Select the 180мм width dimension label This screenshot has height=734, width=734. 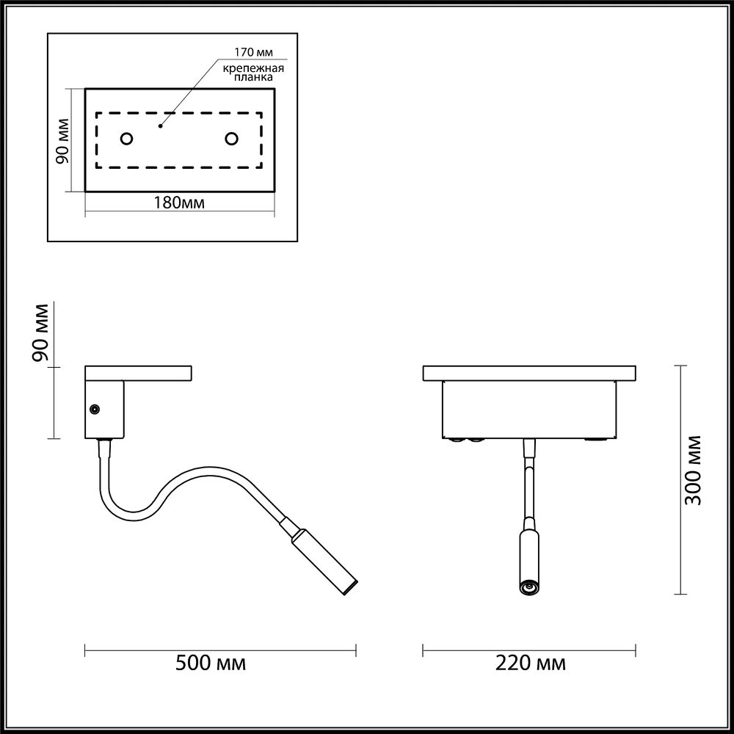pyautogui.click(x=179, y=203)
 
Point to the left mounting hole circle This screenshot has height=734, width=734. pyautogui.click(x=126, y=139)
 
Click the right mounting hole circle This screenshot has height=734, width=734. pyautogui.click(x=232, y=139)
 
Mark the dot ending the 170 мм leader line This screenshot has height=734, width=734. pyautogui.click(x=161, y=126)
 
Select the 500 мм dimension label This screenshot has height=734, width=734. pyautogui.click(x=211, y=664)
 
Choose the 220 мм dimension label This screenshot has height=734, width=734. pyautogui.click(x=531, y=664)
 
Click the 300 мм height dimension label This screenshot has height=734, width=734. pyautogui.click(x=693, y=470)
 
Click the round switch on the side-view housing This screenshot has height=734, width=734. pyautogui.click(x=95, y=409)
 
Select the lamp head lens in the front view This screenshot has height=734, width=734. pyautogui.click(x=527, y=586)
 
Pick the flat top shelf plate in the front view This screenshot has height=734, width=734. pyautogui.click(x=528, y=373)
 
